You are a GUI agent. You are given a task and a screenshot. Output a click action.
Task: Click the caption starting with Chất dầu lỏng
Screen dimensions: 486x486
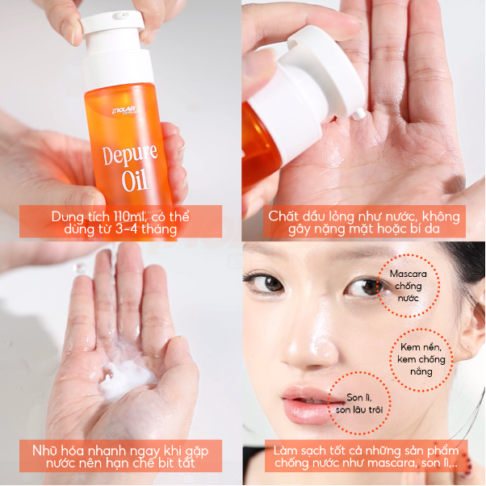tap(363, 220)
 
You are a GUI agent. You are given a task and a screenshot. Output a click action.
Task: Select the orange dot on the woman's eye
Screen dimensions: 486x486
tap(374, 287)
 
